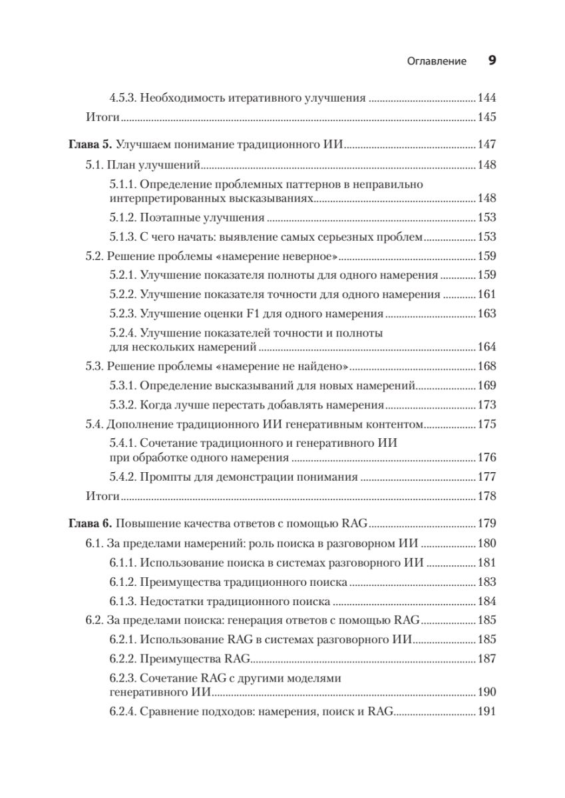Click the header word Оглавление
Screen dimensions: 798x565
point(436,61)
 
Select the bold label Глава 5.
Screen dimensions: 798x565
point(92,144)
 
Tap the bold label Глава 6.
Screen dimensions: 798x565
point(92,523)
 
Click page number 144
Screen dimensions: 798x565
point(487,98)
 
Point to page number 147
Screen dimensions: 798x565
point(487,144)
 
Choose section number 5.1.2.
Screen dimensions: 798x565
point(122,217)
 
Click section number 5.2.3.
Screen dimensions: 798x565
point(122,313)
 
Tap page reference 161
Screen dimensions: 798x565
point(487,294)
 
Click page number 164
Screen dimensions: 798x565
point(487,346)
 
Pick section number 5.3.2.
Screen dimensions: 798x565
point(122,404)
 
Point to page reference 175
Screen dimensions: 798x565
point(487,424)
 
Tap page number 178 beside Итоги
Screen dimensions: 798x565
point(487,496)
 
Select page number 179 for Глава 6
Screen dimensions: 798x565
point(487,523)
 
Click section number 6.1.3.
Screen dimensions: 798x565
point(122,602)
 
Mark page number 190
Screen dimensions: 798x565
point(487,692)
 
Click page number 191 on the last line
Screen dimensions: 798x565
point(487,712)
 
